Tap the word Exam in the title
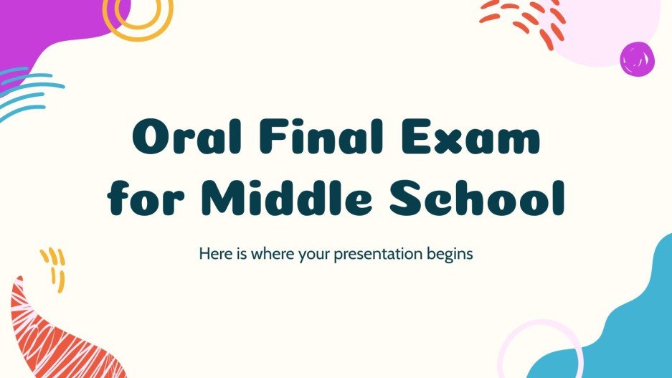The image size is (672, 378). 481,139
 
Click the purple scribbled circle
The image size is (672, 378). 637,58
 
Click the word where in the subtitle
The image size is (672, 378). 276,253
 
